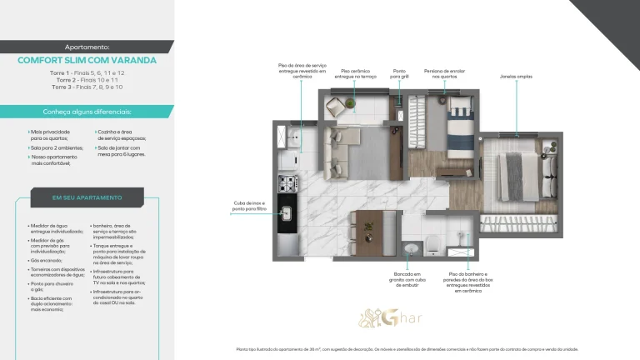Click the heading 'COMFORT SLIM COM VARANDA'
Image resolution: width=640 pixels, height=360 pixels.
(87, 60)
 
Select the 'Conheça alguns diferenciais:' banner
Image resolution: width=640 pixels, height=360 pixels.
(87, 112)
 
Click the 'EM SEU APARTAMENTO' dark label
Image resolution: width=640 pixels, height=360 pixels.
(87, 197)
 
